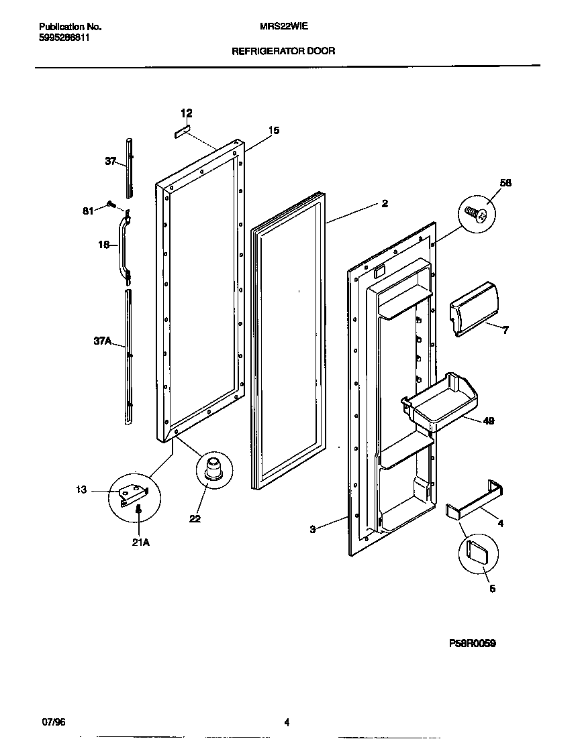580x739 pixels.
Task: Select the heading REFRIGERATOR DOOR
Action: pyautogui.click(x=283, y=50)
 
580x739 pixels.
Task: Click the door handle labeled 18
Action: pyautogui.click(x=123, y=246)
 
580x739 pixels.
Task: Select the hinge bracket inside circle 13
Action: pyautogui.click(x=133, y=495)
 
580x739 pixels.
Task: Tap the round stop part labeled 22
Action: pyautogui.click(x=213, y=467)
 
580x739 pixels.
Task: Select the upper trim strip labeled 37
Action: pyautogui.click(x=129, y=168)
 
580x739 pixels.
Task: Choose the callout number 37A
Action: pyautogui.click(x=101, y=341)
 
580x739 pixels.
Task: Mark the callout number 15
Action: pyautogui.click(x=274, y=131)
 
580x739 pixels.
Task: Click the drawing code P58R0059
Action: pyautogui.click(x=472, y=643)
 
